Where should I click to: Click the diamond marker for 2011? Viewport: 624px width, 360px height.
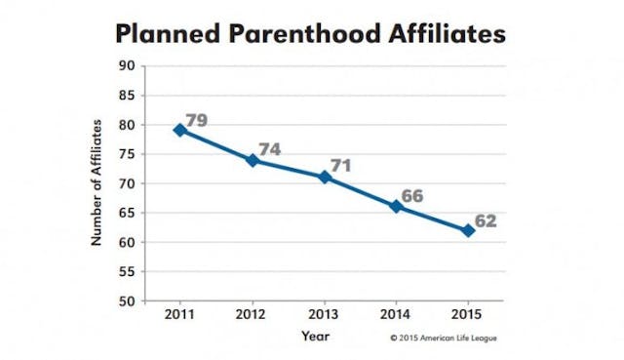180,130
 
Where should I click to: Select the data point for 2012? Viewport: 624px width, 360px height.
253,159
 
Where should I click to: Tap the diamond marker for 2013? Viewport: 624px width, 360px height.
325,177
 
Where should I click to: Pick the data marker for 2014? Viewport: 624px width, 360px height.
396,206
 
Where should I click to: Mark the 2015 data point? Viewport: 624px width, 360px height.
468,230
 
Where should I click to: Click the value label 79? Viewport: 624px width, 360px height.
198,120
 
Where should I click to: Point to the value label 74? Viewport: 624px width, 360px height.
270,149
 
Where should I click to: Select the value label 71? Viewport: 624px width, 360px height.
340,166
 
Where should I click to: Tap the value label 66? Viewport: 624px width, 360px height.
412,196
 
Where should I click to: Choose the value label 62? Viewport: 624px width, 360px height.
486,220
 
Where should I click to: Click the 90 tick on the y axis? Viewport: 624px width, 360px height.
127,66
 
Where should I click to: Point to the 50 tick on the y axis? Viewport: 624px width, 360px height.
127,301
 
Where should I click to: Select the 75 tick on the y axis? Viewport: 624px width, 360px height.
127,154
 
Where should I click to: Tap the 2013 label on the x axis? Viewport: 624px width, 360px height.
325,318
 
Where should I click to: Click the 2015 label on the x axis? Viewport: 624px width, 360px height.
468,318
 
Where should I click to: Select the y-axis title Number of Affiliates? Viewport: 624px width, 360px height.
97,183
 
